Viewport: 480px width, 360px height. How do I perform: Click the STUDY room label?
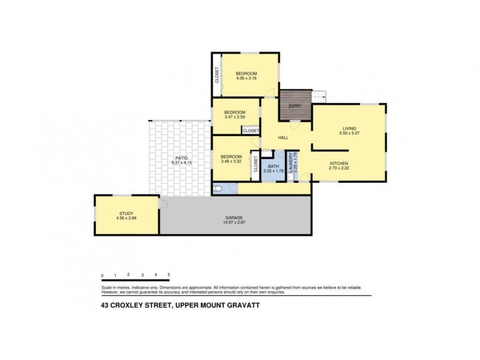coord(125,212)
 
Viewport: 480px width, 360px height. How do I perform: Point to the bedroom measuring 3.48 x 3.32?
coord(231,160)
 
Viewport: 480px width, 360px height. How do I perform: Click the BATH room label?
coord(274,166)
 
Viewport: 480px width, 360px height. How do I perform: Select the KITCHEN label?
coord(339,163)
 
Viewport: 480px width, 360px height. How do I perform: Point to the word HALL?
coord(283,138)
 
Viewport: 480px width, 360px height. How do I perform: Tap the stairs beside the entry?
coord(318,95)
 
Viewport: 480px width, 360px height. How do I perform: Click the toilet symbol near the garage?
coord(220,189)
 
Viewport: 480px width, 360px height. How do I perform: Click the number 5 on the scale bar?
coord(169,275)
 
